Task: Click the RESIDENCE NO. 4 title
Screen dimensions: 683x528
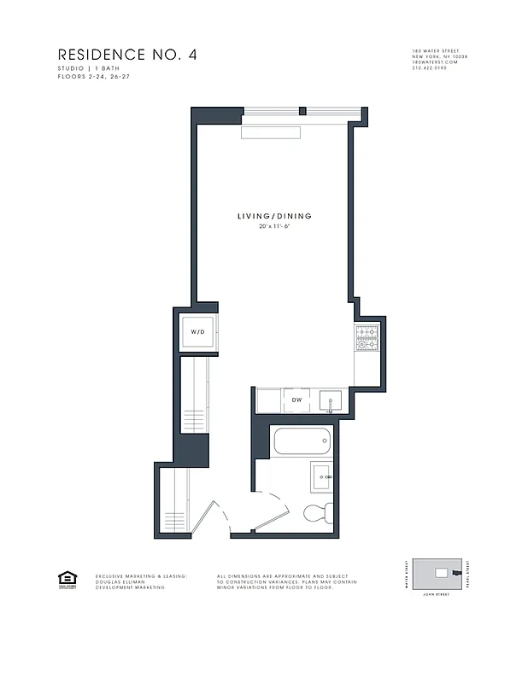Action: pos(127,55)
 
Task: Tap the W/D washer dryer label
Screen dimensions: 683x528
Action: pos(197,331)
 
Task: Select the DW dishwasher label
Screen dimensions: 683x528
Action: pos(296,400)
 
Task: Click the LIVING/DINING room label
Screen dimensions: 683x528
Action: pos(274,216)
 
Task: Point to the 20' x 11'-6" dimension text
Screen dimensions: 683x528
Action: pos(274,227)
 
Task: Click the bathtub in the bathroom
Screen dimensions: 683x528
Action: pos(301,443)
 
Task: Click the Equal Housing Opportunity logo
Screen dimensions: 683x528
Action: pos(65,578)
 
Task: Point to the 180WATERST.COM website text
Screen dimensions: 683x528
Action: pos(435,62)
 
